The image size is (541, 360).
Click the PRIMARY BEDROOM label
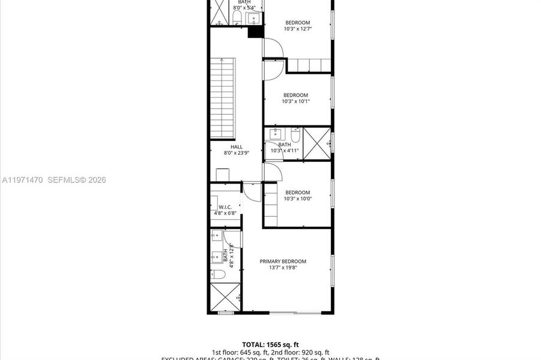(x=283, y=261)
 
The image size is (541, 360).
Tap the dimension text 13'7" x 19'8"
(x=283, y=268)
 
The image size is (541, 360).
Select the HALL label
(x=237, y=146)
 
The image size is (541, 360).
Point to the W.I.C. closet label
(x=225, y=207)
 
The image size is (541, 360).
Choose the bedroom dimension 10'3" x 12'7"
(x=297, y=29)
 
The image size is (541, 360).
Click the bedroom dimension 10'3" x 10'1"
(x=295, y=101)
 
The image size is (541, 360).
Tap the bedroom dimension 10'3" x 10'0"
(x=297, y=199)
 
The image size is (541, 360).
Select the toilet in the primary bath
(x=219, y=275)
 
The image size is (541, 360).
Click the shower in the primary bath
(x=225, y=298)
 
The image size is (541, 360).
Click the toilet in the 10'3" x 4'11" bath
(x=295, y=135)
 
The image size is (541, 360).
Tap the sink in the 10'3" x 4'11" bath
(x=277, y=133)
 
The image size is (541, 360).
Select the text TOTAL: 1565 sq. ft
(x=270, y=344)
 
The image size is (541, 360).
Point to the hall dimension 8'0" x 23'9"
(x=237, y=153)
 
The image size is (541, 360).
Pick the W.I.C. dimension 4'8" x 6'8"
(x=225, y=213)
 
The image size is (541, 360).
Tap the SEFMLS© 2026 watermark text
(x=76, y=179)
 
